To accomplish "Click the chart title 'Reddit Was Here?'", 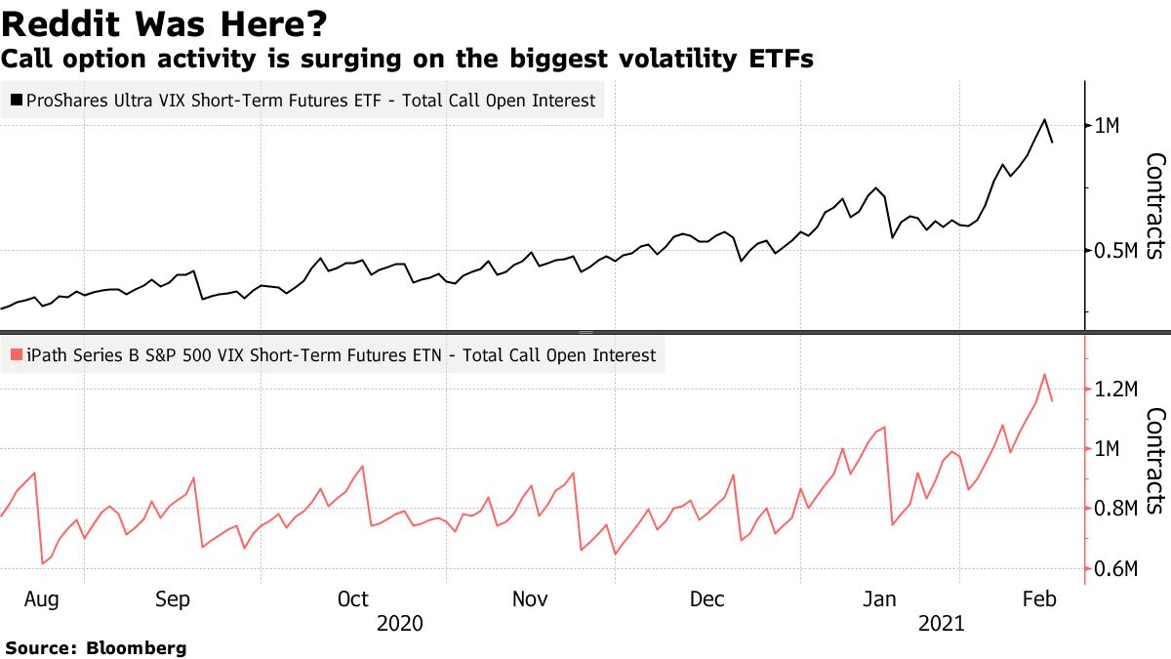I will pos(164,22).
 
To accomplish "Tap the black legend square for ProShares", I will pos(16,100).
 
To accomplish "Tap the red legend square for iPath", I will pos(16,355).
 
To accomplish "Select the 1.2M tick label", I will pos(1117,390).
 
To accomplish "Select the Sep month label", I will pos(173,597).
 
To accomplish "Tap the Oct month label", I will pos(353,597).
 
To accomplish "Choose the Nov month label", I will pos(530,597).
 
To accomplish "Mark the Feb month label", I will pos(1040,597).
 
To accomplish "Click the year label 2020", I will pos(400,623).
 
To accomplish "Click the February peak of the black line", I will pos(1045,119).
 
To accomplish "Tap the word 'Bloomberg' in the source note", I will pos(137,647).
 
